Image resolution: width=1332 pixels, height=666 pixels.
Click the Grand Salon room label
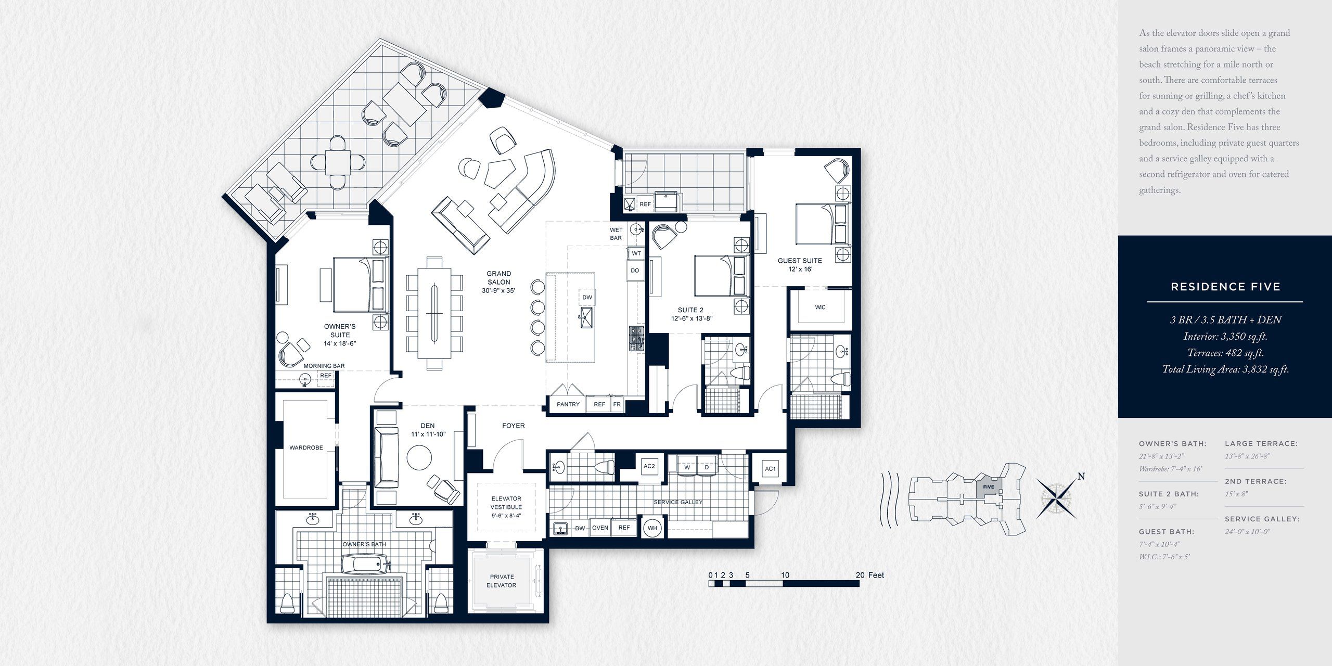pyautogui.click(x=498, y=281)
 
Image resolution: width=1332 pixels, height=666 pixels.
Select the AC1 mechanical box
pyautogui.click(x=770, y=469)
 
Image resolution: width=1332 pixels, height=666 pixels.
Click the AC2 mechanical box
pyautogui.click(x=649, y=466)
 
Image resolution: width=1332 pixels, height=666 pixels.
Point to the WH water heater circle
pyautogui.click(x=652, y=528)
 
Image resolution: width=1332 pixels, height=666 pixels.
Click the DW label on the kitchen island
pyautogui.click(x=587, y=298)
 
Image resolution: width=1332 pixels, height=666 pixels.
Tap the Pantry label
pyautogui.click(x=568, y=404)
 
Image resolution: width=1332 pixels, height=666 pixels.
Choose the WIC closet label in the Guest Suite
pyautogui.click(x=820, y=308)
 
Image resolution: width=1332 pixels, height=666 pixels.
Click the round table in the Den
pyautogui.click(x=419, y=458)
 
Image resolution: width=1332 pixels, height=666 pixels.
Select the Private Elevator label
pyautogui.click(x=501, y=581)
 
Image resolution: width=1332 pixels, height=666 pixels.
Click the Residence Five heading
pyautogui.click(x=1225, y=287)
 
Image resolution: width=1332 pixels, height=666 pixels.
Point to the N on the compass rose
pyautogui.click(x=1081, y=476)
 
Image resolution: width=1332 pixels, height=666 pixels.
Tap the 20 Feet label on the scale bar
pyautogui.click(x=869, y=575)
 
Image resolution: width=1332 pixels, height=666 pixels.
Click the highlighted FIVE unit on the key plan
pyautogui.click(x=988, y=487)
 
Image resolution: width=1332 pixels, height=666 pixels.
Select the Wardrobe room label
pyautogui.click(x=306, y=447)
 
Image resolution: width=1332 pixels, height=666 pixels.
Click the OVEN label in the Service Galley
pyautogui.click(x=600, y=528)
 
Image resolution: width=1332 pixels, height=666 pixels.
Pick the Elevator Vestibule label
pyautogui.click(x=506, y=507)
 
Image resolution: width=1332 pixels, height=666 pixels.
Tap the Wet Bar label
pyautogui.click(x=616, y=234)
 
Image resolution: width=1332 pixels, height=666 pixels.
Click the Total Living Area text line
pyautogui.click(x=1225, y=369)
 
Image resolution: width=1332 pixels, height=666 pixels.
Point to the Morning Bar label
pyautogui.click(x=324, y=366)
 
